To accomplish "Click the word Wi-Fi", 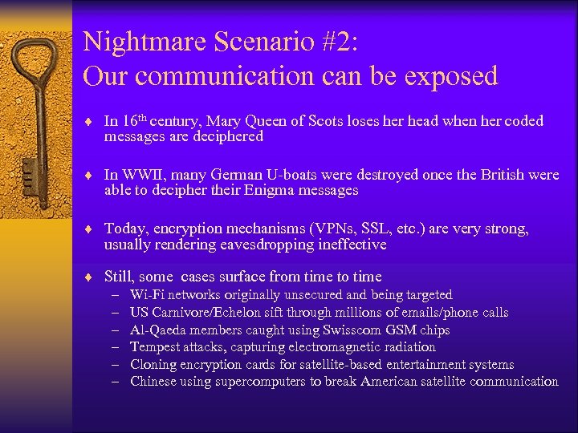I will coord(147,295).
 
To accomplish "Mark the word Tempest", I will coord(156,347).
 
